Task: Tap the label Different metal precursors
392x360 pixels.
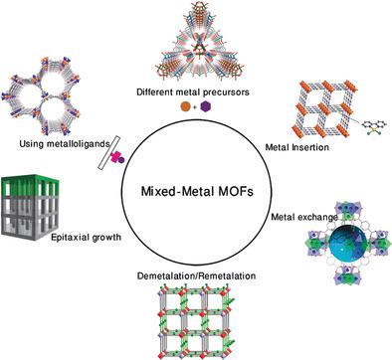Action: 192,91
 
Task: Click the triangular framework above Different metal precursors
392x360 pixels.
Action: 193,43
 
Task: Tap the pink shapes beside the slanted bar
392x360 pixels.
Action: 116,155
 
